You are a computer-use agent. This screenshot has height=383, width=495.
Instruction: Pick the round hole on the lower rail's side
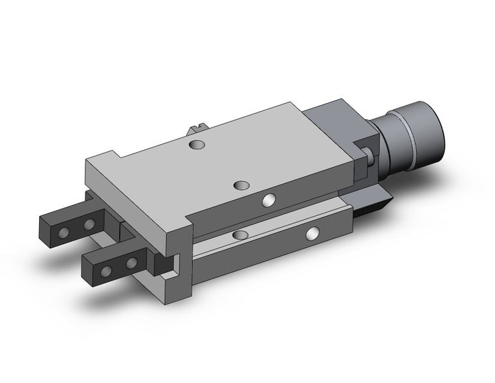314,232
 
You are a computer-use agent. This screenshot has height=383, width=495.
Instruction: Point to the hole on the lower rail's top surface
240,234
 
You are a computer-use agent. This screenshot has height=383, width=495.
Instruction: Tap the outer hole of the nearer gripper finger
106,269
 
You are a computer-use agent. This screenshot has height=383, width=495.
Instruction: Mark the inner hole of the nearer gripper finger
131,263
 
